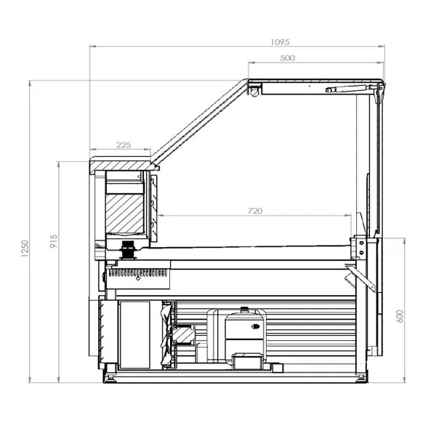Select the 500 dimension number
click(286, 58)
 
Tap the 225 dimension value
click(124, 145)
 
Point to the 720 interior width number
click(254, 211)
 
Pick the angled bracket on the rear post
click(353, 274)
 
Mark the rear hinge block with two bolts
click(358, 246)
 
